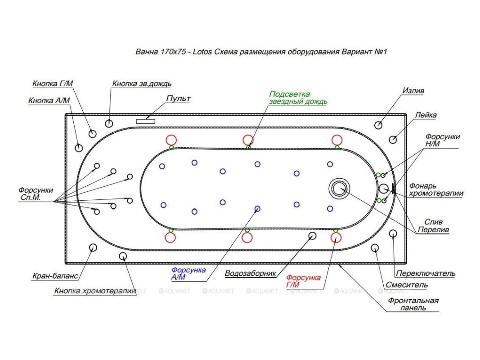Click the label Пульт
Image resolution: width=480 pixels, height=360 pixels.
click(178, 99)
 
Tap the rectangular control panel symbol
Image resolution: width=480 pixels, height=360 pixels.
click(145, 121)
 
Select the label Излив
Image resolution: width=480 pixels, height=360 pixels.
click(413, 90)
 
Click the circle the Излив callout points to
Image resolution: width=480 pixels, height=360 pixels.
click(378, 125)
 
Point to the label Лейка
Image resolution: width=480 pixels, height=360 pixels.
click(426, 115)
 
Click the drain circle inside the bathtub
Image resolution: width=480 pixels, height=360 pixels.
click(339, 188)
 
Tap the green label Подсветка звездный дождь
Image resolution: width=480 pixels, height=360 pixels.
click(298, 98)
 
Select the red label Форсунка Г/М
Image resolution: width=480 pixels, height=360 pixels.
click(303, 281)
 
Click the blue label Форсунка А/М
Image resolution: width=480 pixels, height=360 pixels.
click(188, 273)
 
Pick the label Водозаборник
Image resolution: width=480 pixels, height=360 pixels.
click(251, 273)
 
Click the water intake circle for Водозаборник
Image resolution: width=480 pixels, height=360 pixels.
click(312, 235)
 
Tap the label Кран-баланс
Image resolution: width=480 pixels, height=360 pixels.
click(55, 276)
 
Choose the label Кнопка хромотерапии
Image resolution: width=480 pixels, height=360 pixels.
click(95, 291)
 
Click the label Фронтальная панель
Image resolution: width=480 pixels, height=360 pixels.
click(413, 304)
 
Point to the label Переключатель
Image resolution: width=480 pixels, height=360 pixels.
click(426, 273)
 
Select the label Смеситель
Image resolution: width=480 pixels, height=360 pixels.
click(407, 285)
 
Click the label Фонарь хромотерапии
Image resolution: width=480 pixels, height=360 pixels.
click(436, 189)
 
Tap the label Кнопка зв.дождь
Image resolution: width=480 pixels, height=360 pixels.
click(142, 84)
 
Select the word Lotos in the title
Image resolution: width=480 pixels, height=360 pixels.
click(202, 52)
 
